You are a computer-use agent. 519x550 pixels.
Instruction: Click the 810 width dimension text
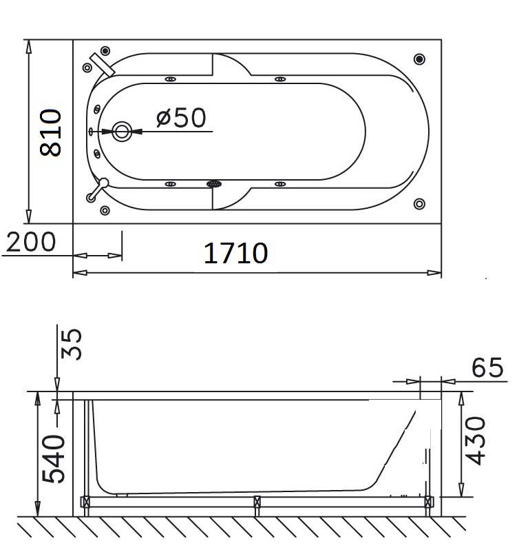[x=52, y=132]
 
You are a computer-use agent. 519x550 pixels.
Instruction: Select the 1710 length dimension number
[x=235, y=253]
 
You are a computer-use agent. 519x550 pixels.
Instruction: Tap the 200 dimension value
[x=30, y=242]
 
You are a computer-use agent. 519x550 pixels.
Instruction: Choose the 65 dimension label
[x=488, y=369]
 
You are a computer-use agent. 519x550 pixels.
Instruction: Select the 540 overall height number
[x=53, y=459]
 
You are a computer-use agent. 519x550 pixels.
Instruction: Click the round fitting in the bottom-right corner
[x=419, y=203]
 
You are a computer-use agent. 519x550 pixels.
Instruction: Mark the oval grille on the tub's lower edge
[x=214, y=184]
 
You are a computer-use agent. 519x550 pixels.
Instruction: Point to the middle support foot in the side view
[x=257, y=505]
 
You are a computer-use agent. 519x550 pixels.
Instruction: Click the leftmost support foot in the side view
[x=86, y=505]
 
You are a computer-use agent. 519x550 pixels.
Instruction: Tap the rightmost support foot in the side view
[x=428, y=505]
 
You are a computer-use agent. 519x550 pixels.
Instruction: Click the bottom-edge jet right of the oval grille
[x=281, y=184]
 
